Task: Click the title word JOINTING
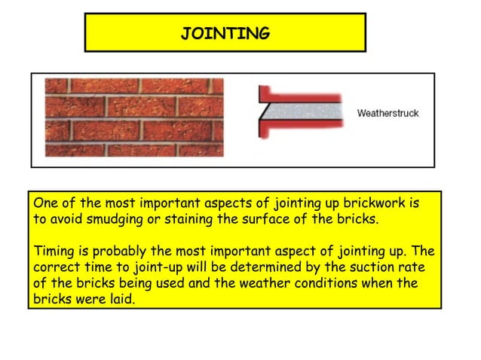225,33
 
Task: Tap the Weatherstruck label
387,114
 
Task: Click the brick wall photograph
134,117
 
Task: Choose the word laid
124,298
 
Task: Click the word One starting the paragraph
47,203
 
